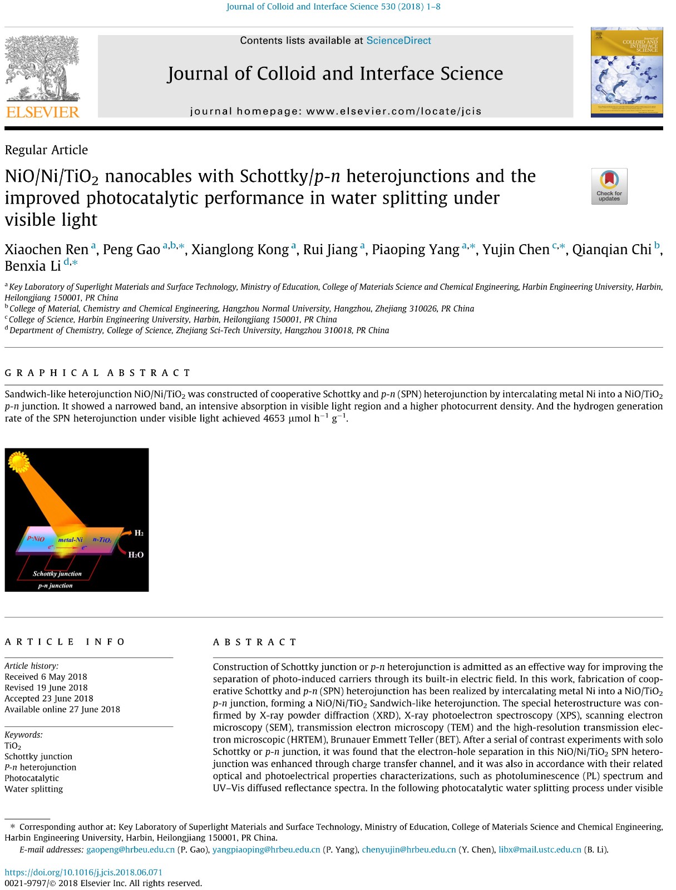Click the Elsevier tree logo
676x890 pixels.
tap(42, 70)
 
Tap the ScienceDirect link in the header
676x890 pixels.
tap(398, 41)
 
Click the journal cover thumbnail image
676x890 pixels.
tap(626, 72)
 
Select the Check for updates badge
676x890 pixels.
tap(609, 186)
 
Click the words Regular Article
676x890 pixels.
tap(46, 150)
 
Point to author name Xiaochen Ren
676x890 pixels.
tap(47, 250)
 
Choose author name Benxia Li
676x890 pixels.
tap(33, 266)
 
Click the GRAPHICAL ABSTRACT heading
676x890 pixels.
tap(97, 373)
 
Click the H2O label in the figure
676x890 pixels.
tap(136, 555)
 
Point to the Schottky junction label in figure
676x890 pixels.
tap(57, 573)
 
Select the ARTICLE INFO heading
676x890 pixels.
tap(65, 642)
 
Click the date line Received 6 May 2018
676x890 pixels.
tap(46, 677)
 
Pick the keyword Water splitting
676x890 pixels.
tap(34, 789)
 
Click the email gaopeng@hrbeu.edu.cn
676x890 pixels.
tap(130, 850)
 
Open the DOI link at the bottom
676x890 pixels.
tap(83, 872)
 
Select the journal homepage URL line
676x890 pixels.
tap(335, 111)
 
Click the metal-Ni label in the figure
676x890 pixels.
tap(70, 540)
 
